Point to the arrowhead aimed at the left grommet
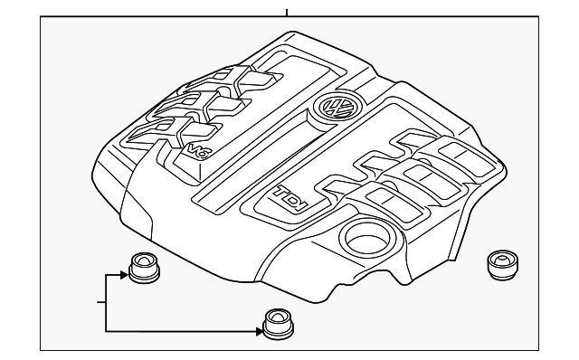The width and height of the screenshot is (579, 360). click(124, 271)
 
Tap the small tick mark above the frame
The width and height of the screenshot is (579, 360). click(288, 13)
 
